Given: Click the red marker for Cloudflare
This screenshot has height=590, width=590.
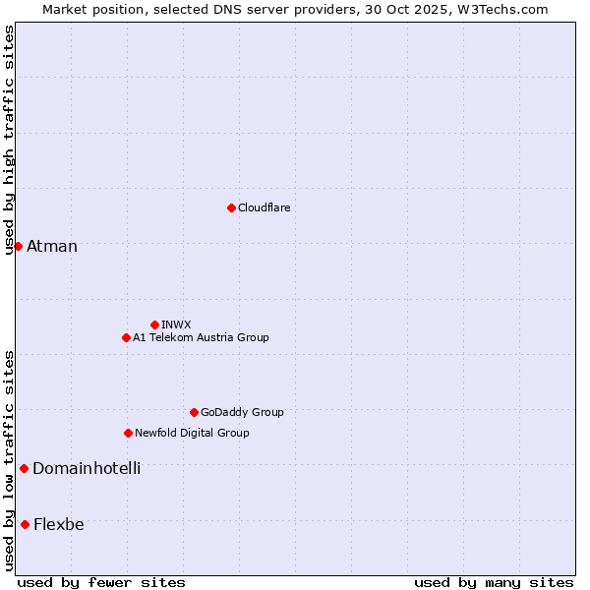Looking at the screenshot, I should (x=231, y=207).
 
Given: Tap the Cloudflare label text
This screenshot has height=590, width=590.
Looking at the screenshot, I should (x=265, y=207).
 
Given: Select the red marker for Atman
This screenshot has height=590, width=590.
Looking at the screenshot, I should (x=18, y=246).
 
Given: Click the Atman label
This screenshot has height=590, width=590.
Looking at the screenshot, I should (x=52, y=246).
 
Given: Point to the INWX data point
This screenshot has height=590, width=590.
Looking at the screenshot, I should (x=154, y=324).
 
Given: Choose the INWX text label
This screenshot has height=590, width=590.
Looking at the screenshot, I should (x=177, y=324).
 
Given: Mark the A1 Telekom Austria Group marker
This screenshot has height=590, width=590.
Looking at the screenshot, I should (x=126, y=337).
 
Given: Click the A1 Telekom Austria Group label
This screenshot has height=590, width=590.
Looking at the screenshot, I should (x=201, y=337).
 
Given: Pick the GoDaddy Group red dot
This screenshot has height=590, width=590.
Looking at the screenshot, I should (x=194, y=412).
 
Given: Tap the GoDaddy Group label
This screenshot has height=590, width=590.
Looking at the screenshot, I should (x=242, y=412).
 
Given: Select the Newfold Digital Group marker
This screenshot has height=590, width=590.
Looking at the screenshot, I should (x=128, y=433).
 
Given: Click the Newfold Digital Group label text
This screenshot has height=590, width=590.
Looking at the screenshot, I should (x=192, y=433).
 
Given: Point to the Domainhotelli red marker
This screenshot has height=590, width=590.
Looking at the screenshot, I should (x=24, y=468).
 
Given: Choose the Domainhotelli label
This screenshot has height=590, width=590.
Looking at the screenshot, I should (x=87, y=468).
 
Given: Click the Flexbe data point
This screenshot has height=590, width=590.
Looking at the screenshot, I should (x=25, y=524).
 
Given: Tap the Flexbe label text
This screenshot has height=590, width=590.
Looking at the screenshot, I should (x=59, y=524).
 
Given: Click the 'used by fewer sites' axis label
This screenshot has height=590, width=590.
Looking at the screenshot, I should (x=101, y=582).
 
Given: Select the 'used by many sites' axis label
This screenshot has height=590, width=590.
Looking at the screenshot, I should (x=494, y=582).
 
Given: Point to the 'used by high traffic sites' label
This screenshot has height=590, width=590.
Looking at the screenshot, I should (x=9, y=140).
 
